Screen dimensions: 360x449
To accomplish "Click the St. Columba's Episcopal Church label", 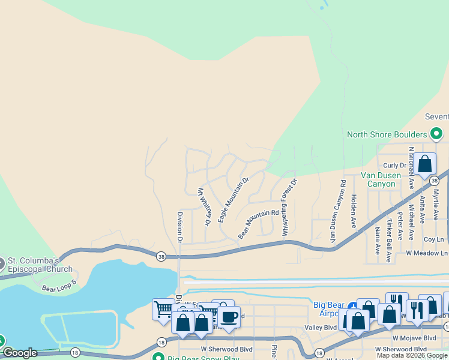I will [40, 265].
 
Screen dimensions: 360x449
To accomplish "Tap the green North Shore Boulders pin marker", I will [437, 134].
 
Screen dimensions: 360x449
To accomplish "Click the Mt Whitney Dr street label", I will [204, 206].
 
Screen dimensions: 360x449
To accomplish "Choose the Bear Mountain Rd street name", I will [259, 224].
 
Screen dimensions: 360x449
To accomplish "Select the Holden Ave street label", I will [354, 211].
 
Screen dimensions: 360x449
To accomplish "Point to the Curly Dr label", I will [394, 165].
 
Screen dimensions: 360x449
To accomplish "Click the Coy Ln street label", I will [433, 239].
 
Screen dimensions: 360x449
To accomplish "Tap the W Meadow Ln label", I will [427, 253].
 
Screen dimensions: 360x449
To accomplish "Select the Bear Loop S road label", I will [59, 286].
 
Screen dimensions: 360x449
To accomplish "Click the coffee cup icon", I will [228, 316].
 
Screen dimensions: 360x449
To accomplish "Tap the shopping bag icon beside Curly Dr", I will [424, 163].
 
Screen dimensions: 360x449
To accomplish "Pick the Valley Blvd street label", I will [321, 328].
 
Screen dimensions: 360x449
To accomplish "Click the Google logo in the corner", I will [20, 353].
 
